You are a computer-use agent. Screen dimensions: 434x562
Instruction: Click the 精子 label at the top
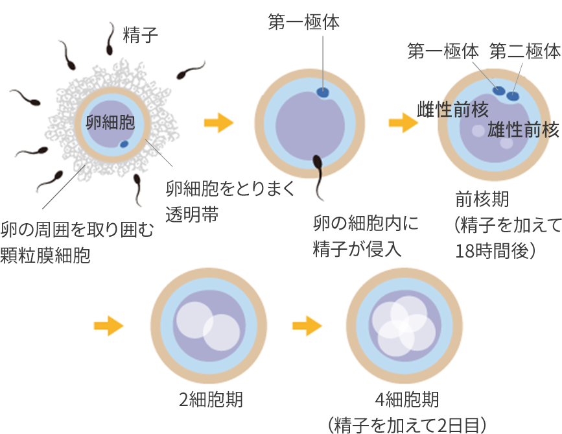pos(140,34)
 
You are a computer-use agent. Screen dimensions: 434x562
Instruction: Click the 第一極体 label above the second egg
pos(303,23)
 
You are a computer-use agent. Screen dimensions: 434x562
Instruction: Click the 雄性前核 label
pos(523,130)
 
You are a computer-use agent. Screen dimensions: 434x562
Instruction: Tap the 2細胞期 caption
pos(211,400)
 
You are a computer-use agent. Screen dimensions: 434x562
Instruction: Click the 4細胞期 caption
pos(407,398)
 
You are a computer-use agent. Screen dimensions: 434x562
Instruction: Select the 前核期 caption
pos(482,199)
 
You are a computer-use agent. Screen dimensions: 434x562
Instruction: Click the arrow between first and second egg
pos(218,123)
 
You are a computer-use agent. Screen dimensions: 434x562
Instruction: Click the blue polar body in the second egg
pos(323,93)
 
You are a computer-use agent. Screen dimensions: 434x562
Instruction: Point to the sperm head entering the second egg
pos(317,160)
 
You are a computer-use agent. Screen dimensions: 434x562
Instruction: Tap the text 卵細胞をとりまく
pos(230,189)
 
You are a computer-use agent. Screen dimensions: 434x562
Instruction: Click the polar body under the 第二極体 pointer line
pos(513,97)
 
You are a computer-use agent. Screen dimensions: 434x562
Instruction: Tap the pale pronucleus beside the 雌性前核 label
pos(478,131)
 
